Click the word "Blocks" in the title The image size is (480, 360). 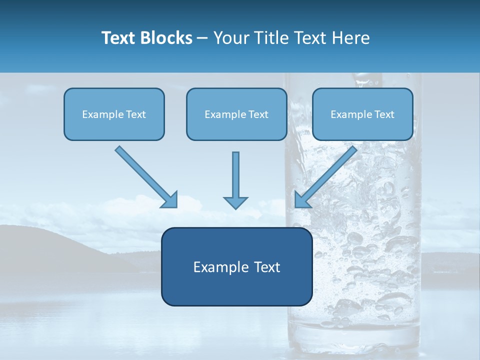[167, 38]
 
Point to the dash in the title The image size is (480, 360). [202, 38]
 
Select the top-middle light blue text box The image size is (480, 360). [236, 128]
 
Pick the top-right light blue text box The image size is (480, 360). [362, 128]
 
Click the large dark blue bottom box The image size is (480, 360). [236, 287]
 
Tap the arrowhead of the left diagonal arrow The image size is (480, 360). [170, 200]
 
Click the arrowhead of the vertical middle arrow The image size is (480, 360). [235, 202]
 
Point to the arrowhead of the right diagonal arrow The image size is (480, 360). [302, 200]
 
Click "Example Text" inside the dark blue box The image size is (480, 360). [236, 267]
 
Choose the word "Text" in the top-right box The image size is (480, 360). [384, 114]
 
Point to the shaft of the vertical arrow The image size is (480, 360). [235, 172]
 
